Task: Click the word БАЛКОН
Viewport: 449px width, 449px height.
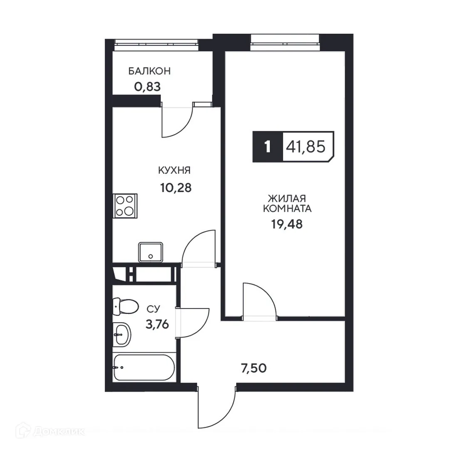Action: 149,71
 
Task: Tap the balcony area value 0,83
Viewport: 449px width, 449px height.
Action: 147,87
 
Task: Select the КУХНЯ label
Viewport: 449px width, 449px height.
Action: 174,170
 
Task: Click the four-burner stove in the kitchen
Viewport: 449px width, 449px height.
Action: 125,206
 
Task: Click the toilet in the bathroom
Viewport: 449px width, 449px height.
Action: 126,307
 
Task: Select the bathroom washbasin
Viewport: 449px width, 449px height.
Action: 122,333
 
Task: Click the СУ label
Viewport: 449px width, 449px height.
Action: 153,308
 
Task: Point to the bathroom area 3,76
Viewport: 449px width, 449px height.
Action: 157,324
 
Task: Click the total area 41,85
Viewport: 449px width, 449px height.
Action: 306,147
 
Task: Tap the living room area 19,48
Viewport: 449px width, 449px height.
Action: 287,224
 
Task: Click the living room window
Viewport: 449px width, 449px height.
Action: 285,42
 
